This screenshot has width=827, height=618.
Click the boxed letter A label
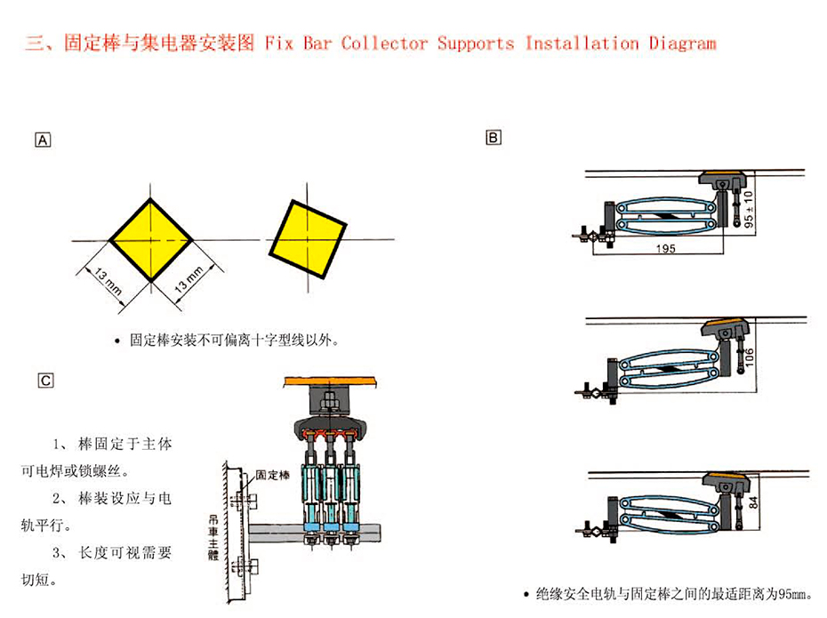[x=43, y=139]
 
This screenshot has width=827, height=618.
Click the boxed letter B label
[x=494, y=137]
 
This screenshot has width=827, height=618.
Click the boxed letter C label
[x=45, y=380]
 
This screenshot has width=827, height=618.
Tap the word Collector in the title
[x=384, y=43]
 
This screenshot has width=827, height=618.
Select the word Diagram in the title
[x=682, y=43]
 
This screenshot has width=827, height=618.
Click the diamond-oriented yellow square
[x=151, y=240]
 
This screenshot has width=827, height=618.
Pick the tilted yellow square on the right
[x=308, y=233]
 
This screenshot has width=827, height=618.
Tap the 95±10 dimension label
[x=748, y=207]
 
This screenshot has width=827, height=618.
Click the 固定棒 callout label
[x=272, y=475]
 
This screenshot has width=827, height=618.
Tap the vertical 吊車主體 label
[x=212, y=537]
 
